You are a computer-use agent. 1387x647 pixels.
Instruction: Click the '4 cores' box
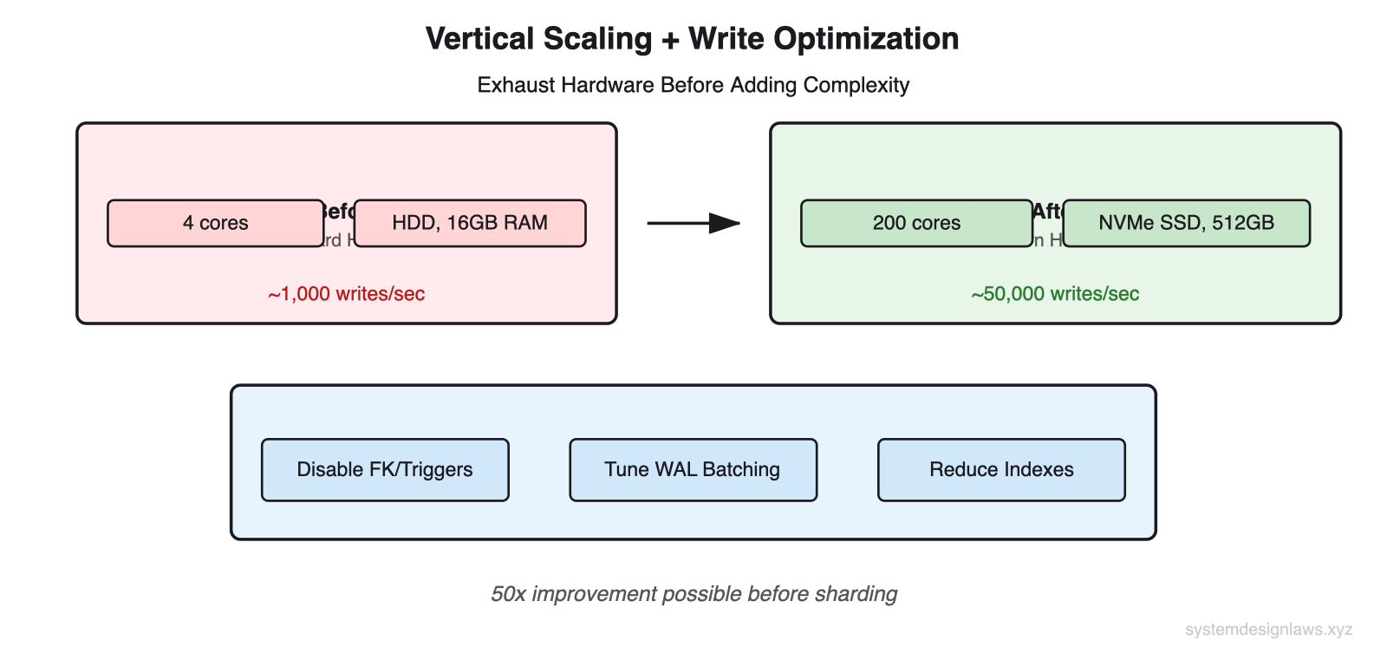pos(215,223)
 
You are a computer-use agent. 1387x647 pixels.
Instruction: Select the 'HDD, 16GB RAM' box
pos(470,223)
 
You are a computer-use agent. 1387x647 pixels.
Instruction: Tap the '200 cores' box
pos(916,223)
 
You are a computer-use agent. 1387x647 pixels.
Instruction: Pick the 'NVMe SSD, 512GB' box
pos(1186,223)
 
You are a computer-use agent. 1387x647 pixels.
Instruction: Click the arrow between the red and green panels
pos(693,223)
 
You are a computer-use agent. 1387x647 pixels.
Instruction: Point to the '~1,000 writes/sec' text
pos(347,294)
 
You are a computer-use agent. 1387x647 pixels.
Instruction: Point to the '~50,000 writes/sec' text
pos(1055,294)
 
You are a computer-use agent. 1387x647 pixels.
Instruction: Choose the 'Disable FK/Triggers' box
pos(385,469)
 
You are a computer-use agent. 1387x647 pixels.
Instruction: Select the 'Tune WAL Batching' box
pos(693,469)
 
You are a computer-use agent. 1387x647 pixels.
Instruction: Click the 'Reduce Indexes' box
pos(1001,469)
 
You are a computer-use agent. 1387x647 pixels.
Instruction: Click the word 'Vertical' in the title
pos(479,39)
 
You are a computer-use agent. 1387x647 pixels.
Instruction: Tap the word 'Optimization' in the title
pos(866,39)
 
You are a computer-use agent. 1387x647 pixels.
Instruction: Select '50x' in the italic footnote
pos(508,594)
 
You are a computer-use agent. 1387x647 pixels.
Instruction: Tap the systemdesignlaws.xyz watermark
pos(1268,630)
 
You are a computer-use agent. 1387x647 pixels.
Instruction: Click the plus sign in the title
pos(670,40)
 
